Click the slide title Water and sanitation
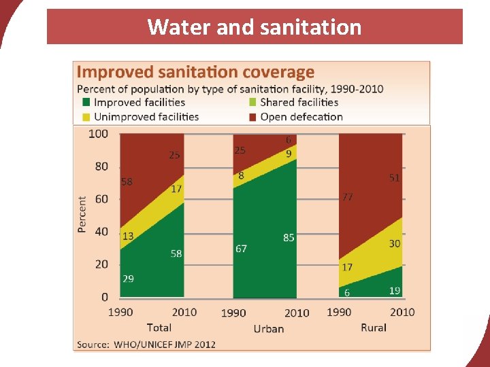coord(254,27)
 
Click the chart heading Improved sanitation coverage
coord(195,73)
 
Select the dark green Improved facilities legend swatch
coord(86,103)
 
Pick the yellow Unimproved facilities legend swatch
coord(86,117)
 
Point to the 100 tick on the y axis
coord(98,134)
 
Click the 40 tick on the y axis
coord(101,232)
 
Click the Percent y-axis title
coord(82,215)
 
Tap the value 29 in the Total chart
coord(128,279)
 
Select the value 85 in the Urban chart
coord(289,237)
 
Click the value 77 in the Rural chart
coord(347,197)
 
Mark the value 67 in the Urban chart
coord(241,249)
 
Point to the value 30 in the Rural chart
coord(395,243)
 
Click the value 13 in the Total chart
coord(128,236)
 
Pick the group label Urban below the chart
coord(268,329)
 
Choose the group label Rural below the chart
coord(373,328)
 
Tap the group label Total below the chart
coord(159,328)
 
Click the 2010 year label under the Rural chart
coord(402,312)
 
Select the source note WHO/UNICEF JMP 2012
coord(146,344)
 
